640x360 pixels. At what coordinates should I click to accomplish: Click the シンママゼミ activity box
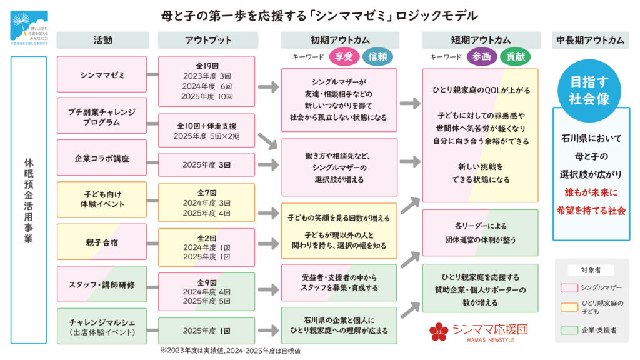click(102, 74)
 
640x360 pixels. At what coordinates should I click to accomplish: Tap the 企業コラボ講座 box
click(102, 158)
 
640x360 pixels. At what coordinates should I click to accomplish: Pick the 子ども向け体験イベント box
click(102, 199)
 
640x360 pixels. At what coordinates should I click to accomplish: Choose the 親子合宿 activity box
click(102, 242)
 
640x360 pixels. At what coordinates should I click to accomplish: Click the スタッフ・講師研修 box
click(102, 284)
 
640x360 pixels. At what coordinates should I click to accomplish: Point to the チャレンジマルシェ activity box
click(102, 326)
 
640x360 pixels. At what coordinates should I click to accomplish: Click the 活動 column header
click(103, 40)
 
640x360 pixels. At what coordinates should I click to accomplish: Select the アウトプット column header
click(207, 40)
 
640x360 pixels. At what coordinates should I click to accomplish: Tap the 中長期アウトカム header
click(590, 40)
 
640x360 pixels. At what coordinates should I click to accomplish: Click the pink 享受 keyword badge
click(344, 57)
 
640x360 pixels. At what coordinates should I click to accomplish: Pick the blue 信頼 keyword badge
click(378, 57)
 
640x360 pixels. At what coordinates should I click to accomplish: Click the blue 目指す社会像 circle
click(590, 90)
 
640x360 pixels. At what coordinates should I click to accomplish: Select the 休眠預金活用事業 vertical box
click(28, 200)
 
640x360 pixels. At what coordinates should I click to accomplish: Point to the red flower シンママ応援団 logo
click(439, 331)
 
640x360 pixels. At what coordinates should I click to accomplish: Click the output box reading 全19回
click(206, 81)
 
